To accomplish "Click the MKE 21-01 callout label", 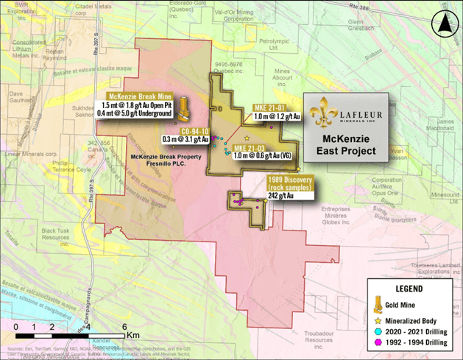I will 271,107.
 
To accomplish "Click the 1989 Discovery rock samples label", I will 289,184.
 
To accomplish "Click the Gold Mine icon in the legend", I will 377,304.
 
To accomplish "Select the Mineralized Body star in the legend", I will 377,322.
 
